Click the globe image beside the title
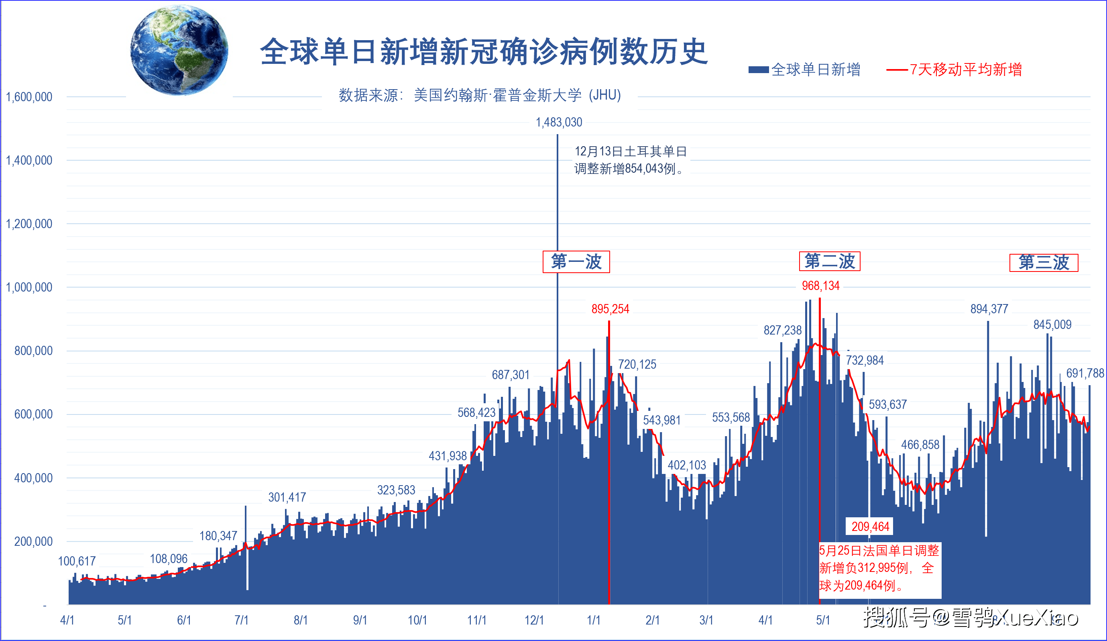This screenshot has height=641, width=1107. tap(179, 50)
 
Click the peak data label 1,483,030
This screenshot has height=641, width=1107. tap(559, 122)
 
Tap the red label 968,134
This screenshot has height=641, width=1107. tap(820, 286)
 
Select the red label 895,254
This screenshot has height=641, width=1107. tap(610, 309)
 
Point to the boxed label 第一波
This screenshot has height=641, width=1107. tap(576, 261)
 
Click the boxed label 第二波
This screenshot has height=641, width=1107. tap(829, 261)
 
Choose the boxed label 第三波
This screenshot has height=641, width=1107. tap(1043, 263)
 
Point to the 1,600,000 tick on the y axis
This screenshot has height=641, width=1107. tap(29, 97)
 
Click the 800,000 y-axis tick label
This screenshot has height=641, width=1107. tap(33, 351)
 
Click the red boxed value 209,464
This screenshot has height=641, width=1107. tap(870, 526)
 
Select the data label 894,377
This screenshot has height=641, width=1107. tap(989, 309)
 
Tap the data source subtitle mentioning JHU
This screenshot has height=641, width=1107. tap(479, 95)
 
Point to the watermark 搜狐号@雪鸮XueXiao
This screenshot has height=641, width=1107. tap(971, 618)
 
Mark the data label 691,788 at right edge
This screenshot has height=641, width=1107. tap(1085, 373)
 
